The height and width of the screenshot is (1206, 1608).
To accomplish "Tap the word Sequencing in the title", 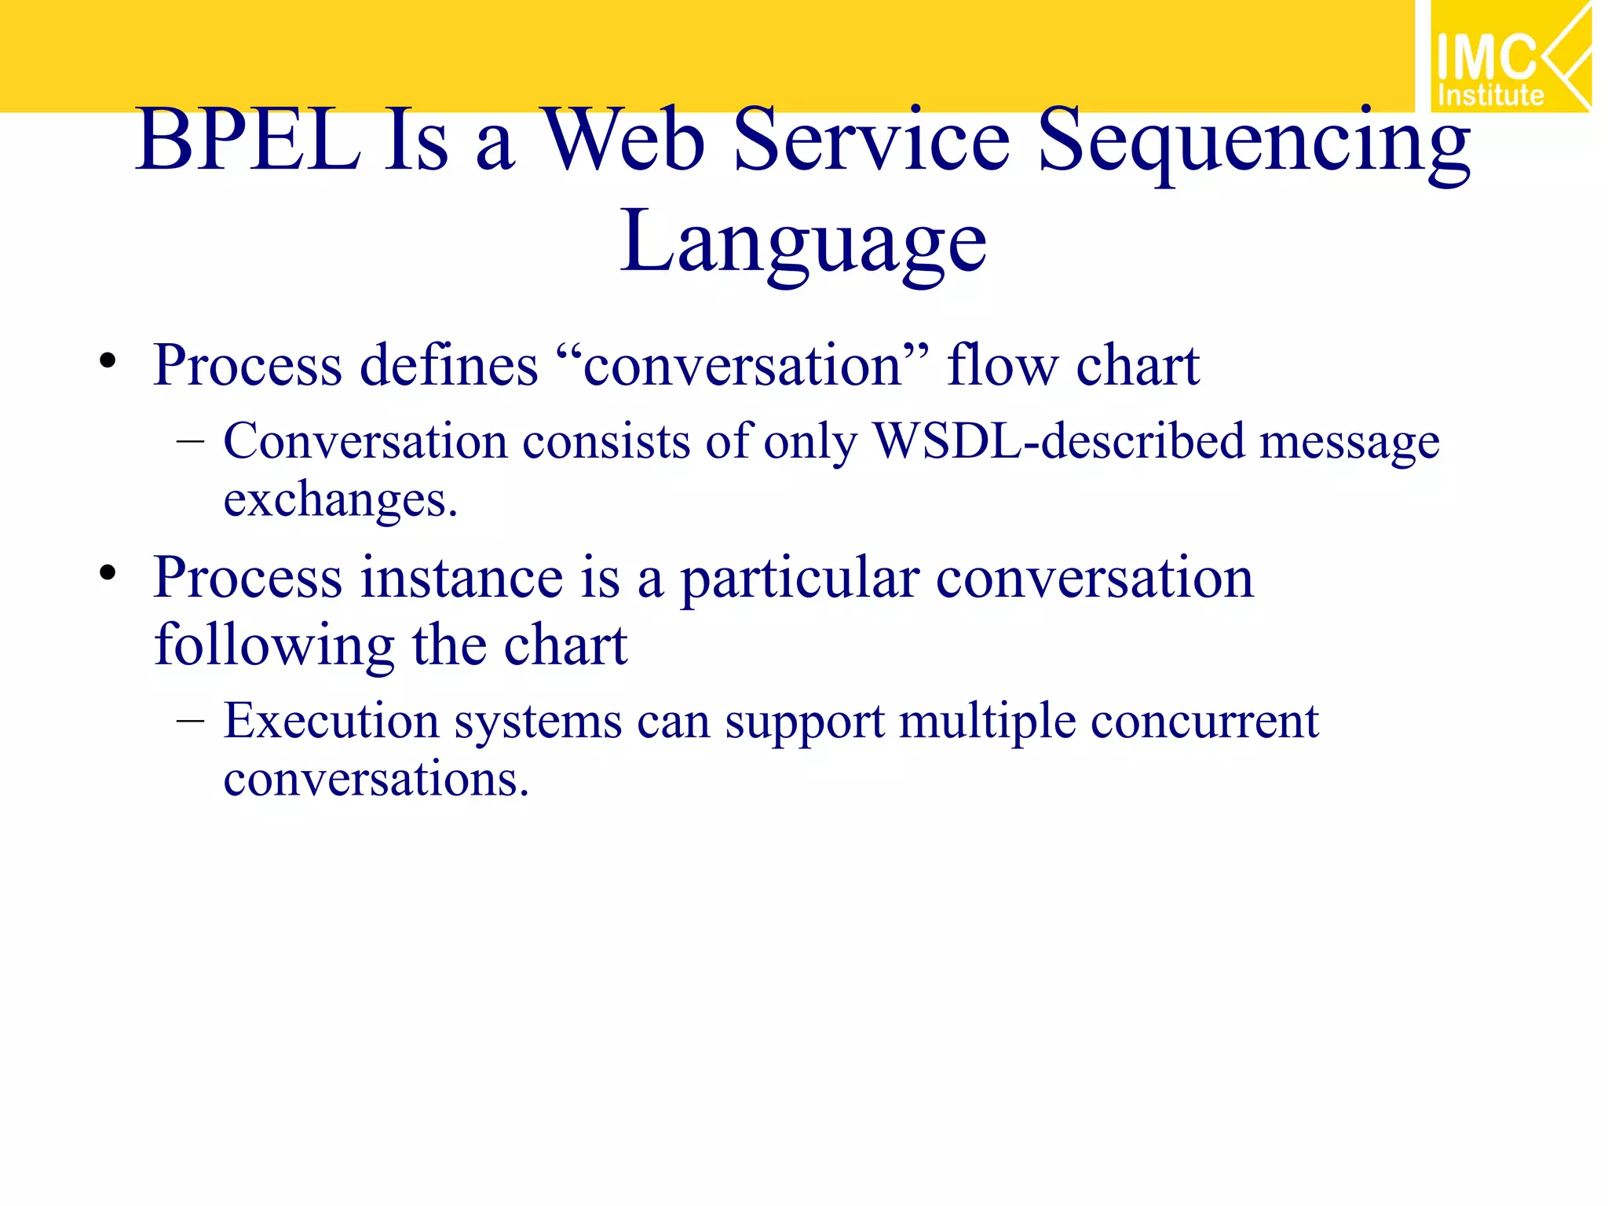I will click(x=1253, y=145).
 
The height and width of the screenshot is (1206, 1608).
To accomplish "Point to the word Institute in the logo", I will click(x=1490, y=96).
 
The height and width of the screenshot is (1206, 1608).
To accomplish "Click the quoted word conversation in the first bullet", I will click(x=742, y=366).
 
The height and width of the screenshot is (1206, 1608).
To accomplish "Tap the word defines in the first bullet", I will click(x=448, y=366).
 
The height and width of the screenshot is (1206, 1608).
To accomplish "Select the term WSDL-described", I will click(x=1058, y=441).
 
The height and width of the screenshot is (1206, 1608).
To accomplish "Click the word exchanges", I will click(x=340, y=501).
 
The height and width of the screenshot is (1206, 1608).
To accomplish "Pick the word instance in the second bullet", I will click(x=462, y=578).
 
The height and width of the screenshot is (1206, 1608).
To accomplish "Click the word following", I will click(x=274, y=646).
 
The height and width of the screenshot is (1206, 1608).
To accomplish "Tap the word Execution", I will click(x=331, y=721).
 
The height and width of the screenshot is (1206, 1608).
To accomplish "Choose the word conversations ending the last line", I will click(x=375, y=780).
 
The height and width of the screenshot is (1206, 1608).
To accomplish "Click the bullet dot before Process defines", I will click(x=108, y=362).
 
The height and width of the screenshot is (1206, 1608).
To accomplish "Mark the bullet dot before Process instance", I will click(x=108, y=573).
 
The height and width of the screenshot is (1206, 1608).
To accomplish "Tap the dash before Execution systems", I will click(x=190, y=720).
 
